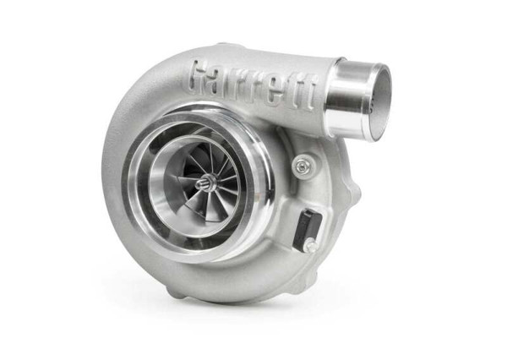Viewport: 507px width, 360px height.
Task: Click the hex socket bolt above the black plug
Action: tap(301, 166)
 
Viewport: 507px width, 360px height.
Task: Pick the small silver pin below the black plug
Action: tap(310, 246)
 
